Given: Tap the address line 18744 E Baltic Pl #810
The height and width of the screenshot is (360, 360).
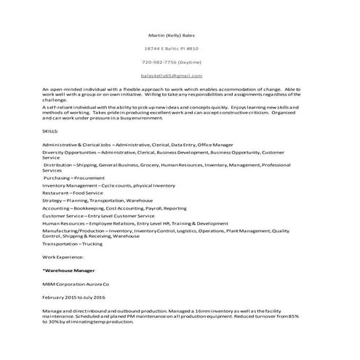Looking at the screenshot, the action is tap(172, 49).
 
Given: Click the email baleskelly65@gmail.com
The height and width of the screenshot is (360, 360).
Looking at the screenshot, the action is tap(172, 76).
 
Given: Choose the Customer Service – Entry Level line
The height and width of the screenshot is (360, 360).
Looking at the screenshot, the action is tap(98, 215).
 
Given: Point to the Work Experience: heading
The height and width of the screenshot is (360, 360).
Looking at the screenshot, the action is tap(63, 257).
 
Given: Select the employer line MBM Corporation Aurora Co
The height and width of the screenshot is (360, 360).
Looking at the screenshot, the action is tap(75, 284).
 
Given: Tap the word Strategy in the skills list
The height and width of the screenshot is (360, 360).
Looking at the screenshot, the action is tap(52, 199).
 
